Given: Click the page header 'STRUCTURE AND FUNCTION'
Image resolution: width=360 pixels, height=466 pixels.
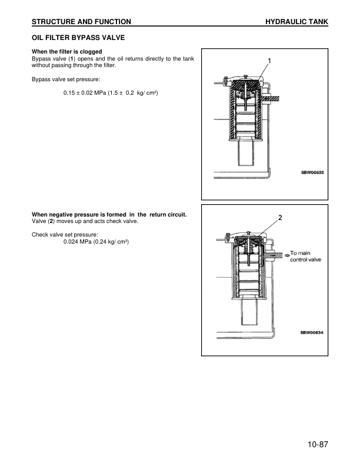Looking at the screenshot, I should click(81, 22).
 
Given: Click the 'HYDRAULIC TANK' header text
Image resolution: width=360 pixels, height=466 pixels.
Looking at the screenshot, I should click(296, 22).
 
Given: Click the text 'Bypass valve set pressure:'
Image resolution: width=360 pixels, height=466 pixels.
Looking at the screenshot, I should click(65, 78).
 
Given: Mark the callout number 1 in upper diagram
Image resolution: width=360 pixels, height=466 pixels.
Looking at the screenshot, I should click(269, 61).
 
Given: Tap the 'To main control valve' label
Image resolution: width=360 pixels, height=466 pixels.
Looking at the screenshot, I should click(306, 257).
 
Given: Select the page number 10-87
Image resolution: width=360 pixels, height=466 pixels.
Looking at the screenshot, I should click(317, 444).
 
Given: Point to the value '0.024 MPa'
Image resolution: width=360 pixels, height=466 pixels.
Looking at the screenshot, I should click(77, 242).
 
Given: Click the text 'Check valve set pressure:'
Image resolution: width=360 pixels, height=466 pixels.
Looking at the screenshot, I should click(65, 234).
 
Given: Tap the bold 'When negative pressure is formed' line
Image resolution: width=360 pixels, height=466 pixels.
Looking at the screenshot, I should click(109, 214).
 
